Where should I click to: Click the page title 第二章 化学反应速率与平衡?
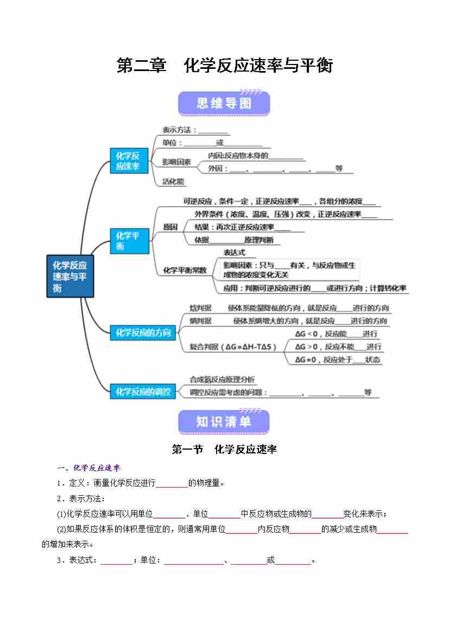(224, 66)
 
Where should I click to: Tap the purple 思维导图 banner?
(224, 104)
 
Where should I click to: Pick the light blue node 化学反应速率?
(128, 161)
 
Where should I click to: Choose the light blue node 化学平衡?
(128, 241)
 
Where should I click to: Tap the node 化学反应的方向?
(143, 333)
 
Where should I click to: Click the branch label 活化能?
(173, 182)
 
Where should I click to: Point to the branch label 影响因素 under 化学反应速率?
(176, 162)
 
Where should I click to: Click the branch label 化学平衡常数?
(185, 270)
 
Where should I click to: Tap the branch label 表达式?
(235, 253)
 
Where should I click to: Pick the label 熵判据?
(200, 321)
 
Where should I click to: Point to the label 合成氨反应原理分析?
(222, 380)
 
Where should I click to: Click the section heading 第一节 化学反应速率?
(224, 450)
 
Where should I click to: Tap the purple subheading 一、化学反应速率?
(90, 468)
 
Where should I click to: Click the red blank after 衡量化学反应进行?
(172, 483)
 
